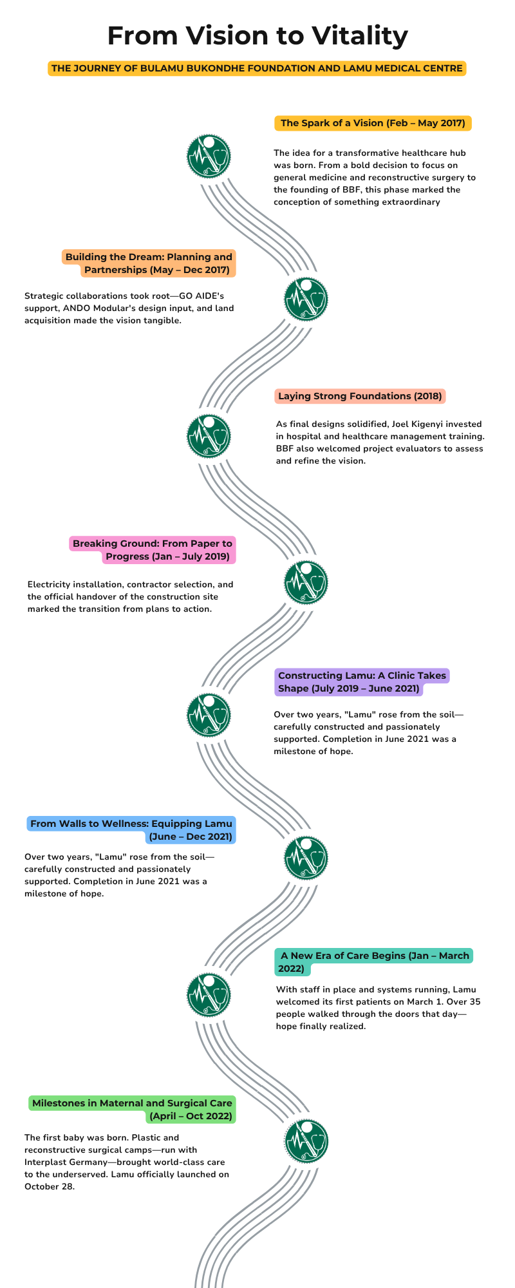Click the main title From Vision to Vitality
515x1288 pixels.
(257, 35)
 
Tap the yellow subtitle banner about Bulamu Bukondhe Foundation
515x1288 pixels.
(257, 68)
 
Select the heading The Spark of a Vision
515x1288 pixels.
(373, 123)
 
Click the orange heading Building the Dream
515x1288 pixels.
(149, 263)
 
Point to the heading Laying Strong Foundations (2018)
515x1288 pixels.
(360, 396)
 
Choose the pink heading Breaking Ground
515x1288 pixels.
(153, 550)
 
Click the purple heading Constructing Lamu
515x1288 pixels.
(362, 682)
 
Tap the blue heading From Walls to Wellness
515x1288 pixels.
(131, 830)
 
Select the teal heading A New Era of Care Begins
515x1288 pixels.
(374, 962)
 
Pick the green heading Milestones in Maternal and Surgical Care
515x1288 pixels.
(132, 1110)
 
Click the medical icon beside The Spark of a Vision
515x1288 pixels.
(209, 156)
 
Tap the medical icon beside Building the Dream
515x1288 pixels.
(306, 299)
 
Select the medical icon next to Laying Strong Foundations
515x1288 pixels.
(209, 436)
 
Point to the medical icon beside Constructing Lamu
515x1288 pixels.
(209, 715)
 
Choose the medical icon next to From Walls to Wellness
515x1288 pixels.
(306, 858)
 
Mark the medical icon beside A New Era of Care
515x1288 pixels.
(209, 996)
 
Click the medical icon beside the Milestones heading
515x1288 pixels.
(306, 1141)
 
